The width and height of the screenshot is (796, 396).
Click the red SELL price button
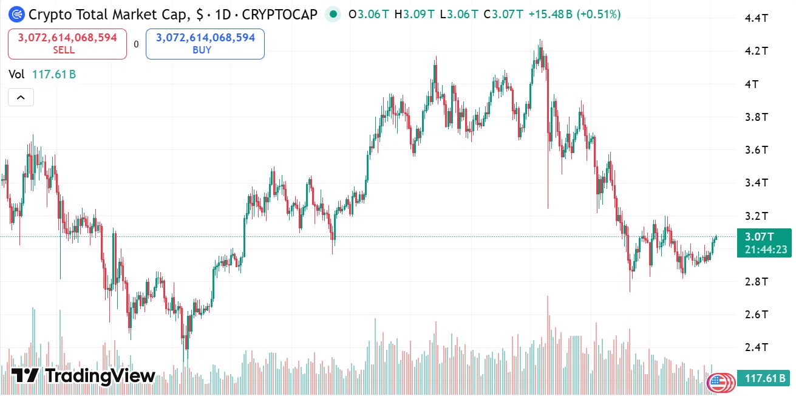(x=67, y=44)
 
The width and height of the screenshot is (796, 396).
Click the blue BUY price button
(x=205, y=44)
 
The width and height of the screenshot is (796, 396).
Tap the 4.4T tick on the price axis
(x=757, y=18)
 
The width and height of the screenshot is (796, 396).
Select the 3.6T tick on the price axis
(x=757, y=149)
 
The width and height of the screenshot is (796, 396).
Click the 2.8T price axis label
(x=757, y=281)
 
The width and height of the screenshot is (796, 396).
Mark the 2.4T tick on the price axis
(x=757, y=347)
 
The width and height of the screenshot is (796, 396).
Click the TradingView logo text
(x=84, y=376)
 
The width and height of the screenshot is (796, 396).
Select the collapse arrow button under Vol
(x=21, y=97)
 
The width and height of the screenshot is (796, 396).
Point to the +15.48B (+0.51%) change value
(x=574, y=14)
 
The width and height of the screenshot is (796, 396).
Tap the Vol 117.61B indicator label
(x=42, y=74)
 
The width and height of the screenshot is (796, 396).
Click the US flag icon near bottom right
(x=718, y=382)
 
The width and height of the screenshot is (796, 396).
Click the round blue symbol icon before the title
(x=16, y=14)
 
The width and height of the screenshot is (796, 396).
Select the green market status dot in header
(x=333, y=14)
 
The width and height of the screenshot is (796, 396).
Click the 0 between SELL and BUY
(x=136, y=44)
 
